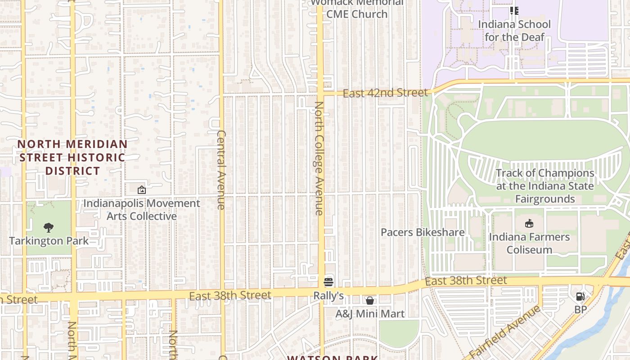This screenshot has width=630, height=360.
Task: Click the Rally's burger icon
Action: click(328, 282)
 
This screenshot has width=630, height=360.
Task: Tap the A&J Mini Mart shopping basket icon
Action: click(370, 300)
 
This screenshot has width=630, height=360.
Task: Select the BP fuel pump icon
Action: click(580, 296)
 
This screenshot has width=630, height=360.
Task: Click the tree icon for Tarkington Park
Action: click(49, 228)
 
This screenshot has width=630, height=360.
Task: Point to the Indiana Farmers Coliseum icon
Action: click(529, 223)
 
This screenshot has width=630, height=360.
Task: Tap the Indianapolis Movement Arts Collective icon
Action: click(142, 190)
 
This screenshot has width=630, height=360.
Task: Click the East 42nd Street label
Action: click(385, 93)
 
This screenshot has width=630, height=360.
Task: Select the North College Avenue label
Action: click(319, 158)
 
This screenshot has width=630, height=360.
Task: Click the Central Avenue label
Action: click(221, 170)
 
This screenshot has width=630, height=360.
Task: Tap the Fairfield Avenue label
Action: click(504, 331)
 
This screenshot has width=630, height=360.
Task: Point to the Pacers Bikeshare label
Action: click(423, 232)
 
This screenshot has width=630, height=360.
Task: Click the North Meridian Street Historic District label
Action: click(72, 157)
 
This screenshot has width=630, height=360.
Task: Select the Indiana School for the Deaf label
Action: click(514, 31)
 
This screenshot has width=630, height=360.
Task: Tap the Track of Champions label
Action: click(545, 186)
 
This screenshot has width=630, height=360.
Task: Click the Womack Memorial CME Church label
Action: click(357, 9)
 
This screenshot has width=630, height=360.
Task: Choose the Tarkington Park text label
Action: click(49, 241)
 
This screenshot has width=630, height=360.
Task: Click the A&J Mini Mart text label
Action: click(370, 314)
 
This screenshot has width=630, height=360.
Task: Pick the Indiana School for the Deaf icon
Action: click(514, 10)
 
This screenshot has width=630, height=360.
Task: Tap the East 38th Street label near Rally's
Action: click(230, 296)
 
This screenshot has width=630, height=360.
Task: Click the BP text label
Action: click(580, 310)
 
